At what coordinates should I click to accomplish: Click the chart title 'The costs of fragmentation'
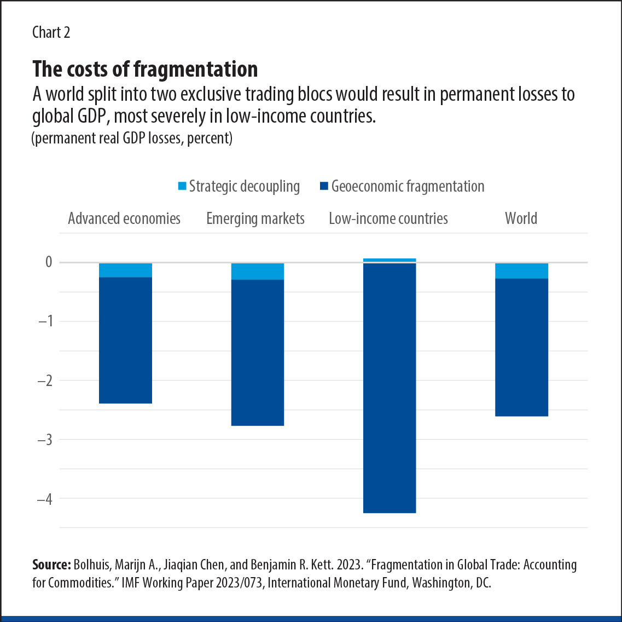(x=145, y=70)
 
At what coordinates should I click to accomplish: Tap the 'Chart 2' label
(x=51, y=32)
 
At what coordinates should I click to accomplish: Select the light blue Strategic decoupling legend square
(x=183, y=187)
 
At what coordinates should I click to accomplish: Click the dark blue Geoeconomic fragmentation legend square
(x=324, y=187)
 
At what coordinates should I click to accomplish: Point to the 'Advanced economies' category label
(x=124, y=218)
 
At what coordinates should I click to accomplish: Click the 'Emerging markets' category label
(x=255, y=218)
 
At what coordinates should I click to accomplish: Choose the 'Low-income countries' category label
(x=388, y=218)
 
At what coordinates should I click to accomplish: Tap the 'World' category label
(x=521, y=218)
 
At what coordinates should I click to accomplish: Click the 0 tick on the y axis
(x=49, y=262)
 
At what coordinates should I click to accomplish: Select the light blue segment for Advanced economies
(x=125, y=270)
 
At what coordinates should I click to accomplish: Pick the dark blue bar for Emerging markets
(x=258, y=353)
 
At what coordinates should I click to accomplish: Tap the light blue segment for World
(x=521, y=270)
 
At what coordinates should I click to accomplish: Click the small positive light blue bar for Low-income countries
(x=390, y=260)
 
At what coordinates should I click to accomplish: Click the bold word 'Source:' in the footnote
(x=51, y=565)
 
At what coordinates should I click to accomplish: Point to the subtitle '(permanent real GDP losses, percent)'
(x=132, y=139)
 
